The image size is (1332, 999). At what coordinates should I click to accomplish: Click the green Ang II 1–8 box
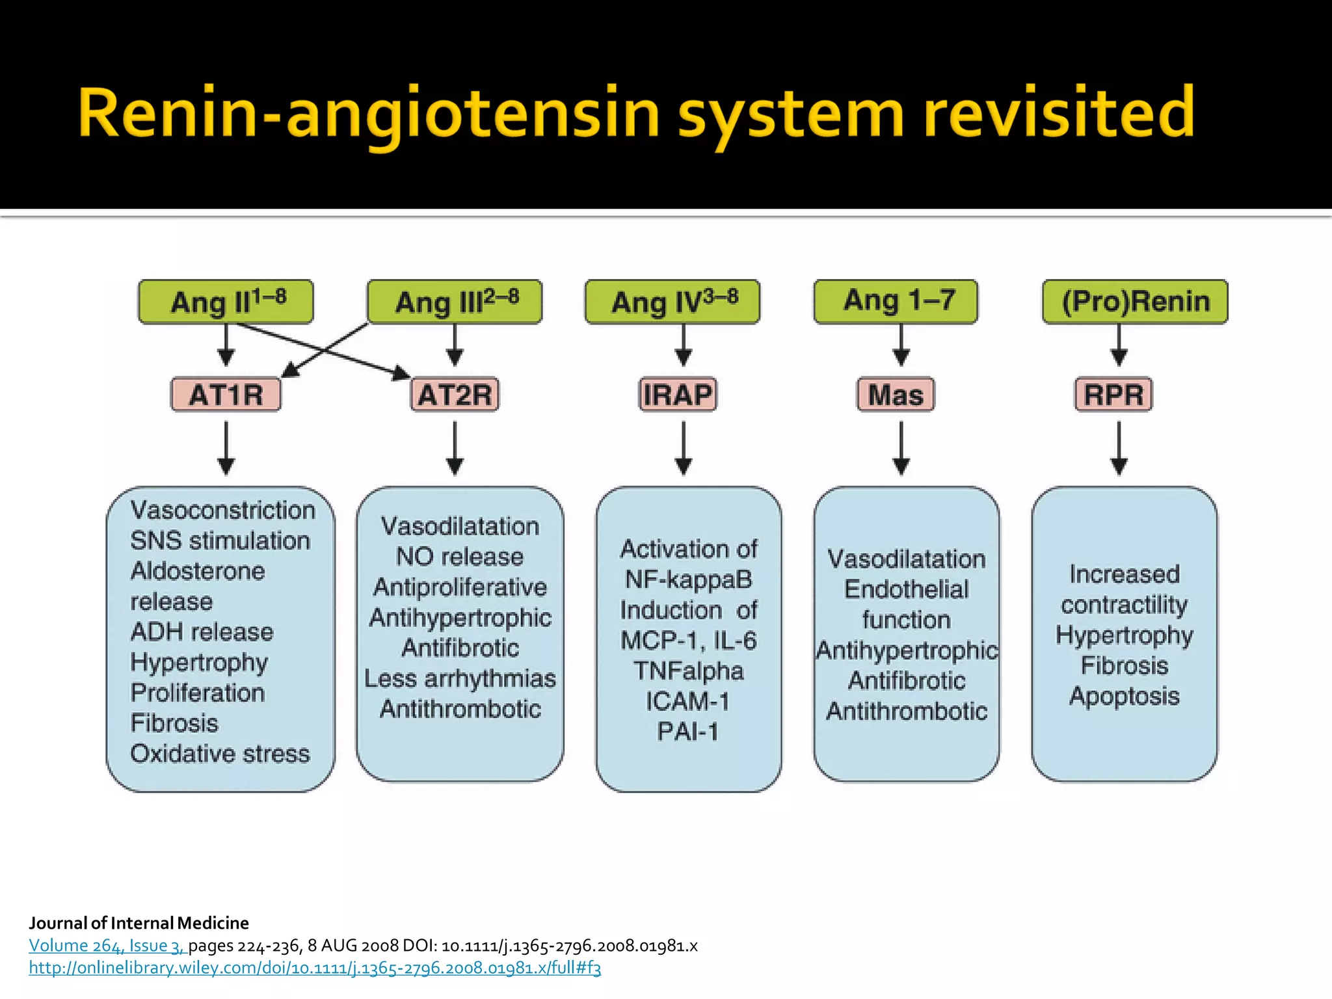[226, 302]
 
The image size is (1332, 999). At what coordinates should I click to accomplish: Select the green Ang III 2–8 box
[455, 302]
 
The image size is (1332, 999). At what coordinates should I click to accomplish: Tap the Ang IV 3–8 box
[672, 302]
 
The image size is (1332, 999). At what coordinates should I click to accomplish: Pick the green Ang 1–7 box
[896, 301]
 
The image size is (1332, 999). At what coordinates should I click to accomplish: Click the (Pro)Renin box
[1135, 302]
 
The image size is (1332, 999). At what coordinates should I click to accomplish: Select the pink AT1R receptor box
[226, 395]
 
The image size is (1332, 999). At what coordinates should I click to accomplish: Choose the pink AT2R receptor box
[455, 395]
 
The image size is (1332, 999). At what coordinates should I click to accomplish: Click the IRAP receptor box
[678, 395]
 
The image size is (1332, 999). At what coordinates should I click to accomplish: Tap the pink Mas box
[896, 395]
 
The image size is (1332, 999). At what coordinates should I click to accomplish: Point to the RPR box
[1113, 395]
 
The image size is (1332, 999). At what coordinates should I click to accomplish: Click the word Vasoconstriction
[222, 511]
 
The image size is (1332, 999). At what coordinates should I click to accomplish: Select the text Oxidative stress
[220, 754]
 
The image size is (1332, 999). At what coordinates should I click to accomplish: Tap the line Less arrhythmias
[460, 679]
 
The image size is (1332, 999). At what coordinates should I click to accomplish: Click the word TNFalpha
[688, 671]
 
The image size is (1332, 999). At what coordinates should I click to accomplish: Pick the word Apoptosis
[1124, 697]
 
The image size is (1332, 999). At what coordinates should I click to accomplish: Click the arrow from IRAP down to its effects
[683, 449]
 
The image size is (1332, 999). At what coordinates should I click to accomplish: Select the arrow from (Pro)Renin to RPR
[1119, 345]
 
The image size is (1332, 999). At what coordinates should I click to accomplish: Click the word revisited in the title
[1059, 113]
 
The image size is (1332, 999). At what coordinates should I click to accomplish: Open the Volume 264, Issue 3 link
[107, 946]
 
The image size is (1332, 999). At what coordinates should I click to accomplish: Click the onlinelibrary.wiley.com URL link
[315, 968]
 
